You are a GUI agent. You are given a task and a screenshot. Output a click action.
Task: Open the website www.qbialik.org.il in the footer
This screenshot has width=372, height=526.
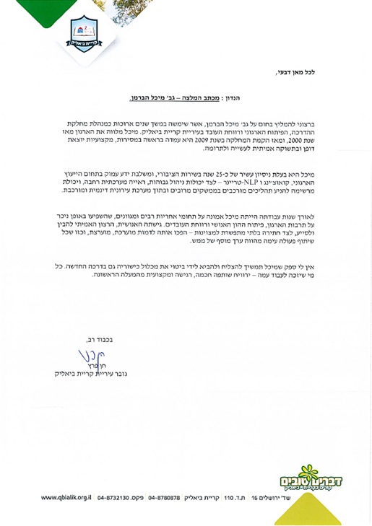click(x=70, y=498)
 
